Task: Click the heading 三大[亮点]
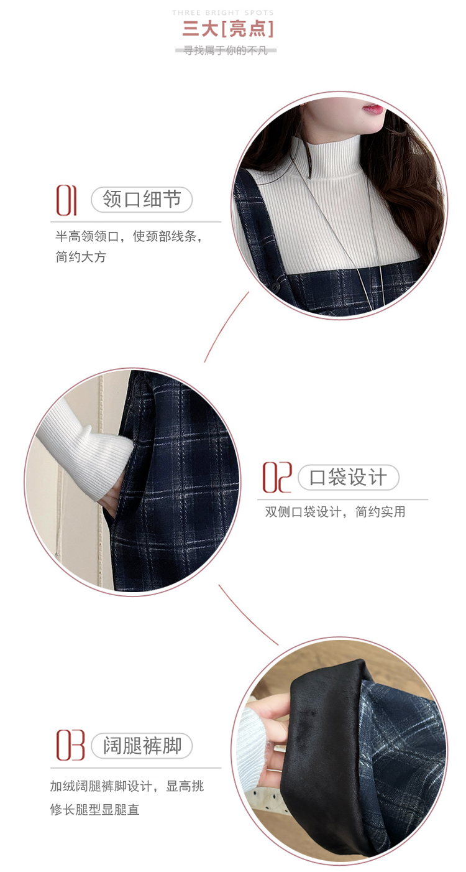click(x=228, y=29)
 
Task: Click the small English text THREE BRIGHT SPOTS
click(x=223, y=13)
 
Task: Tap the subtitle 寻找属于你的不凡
click(x=226, y=50)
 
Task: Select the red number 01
click(x=66, y=200)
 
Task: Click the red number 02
click(x=277, y=477)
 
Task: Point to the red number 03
click(x=70, y=745)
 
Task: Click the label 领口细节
click(x=142, y=199)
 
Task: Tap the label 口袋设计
click(x=349, y=477)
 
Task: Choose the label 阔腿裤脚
click(x=142, y=745)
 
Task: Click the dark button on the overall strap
click(x=276, y=285)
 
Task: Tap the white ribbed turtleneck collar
click(x=333, y=155)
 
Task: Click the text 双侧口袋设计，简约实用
click(x=336, y=511)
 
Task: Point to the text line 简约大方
click(x=81, y=256)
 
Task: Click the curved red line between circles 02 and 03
click(x=248, y=615)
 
